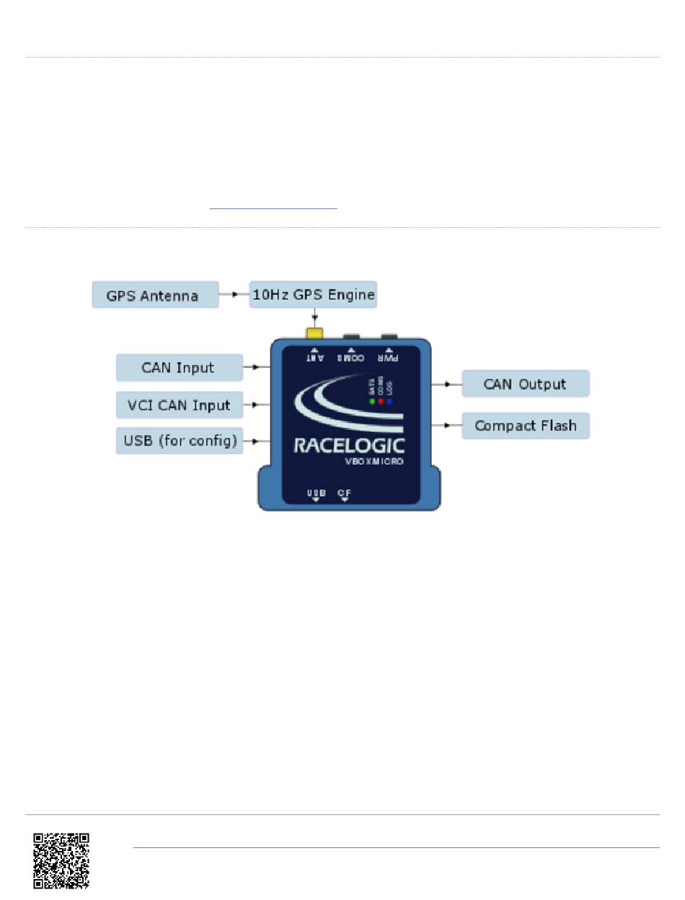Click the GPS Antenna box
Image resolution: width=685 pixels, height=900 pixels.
(x=155, y=295)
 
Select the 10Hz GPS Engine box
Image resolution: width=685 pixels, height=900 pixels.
(x=313, y=294)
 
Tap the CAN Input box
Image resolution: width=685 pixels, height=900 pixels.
(x=179, y=367)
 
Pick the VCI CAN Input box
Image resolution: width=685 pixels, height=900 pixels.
(x=179, y=405)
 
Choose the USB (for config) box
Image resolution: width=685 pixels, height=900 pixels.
(x=179, y=441)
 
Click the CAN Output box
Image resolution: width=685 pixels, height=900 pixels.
(x=525, y=384)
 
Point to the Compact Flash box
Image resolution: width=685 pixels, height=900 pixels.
(x=525, y=425)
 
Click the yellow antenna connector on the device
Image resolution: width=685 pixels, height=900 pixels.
(x=314, y=334)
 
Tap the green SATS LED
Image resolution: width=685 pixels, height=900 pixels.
(x=372, y=401)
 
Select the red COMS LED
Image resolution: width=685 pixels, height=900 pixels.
(x=381, y=401)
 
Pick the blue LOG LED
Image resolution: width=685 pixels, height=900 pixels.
(x=389, y=401)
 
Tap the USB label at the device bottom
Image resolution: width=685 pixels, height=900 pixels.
(x=316, y=493)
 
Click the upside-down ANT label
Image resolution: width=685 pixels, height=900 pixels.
(x=314, y=356)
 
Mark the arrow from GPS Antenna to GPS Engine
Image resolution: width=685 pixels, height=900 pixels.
(x=234, y=295)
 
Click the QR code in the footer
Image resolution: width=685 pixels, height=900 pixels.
(x=61, y=860)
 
